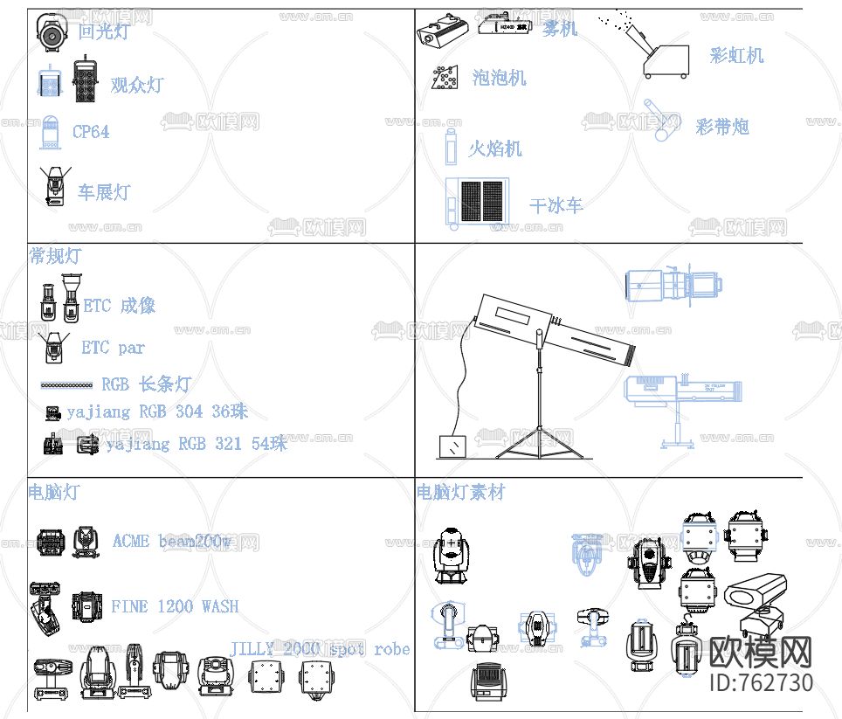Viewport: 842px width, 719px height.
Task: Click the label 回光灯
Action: (103, 32)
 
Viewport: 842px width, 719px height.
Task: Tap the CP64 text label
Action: (91, 132)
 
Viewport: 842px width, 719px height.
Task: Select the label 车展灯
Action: (104, 191)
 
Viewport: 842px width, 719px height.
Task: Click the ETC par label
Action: (113, 348)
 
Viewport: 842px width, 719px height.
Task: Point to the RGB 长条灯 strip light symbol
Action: (66, 384)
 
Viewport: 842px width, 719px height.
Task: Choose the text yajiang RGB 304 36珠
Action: (157, 411)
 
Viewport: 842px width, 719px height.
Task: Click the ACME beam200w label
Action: (172, 541)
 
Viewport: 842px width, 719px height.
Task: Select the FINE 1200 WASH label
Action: (175, 605)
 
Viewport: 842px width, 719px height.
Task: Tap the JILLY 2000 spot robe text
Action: (320, 648)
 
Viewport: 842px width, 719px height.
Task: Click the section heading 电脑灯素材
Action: (460, 493)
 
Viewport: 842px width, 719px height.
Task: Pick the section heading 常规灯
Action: (54, 256)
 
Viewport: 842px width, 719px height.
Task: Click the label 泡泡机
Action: (500, 78)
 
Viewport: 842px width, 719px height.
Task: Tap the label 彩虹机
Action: (736, 56)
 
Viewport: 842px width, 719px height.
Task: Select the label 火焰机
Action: (495, 149)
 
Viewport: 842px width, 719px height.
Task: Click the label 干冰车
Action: (556, 206)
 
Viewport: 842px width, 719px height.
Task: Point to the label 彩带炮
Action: (722, 127)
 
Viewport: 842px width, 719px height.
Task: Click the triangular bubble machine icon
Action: (445, 79)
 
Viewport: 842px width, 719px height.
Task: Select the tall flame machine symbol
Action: (451, 147)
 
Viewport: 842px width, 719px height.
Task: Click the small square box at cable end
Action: (452, 446)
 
